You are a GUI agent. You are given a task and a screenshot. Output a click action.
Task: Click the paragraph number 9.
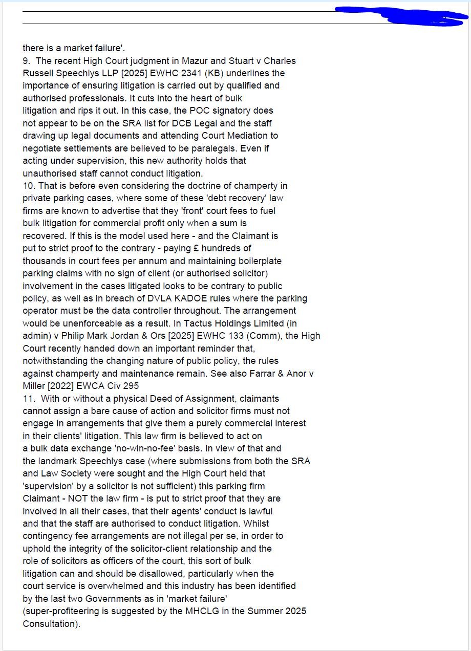26,61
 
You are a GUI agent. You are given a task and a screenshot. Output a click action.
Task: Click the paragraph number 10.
28,186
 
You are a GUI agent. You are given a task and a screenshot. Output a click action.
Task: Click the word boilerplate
256,261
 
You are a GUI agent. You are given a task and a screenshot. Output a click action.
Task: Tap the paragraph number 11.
28,399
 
